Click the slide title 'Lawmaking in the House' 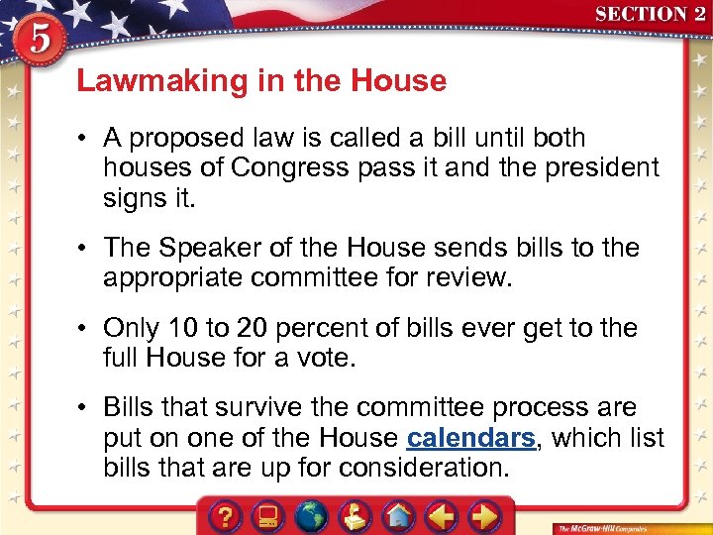261,80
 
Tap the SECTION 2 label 650,14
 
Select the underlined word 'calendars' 470,438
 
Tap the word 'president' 596,167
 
